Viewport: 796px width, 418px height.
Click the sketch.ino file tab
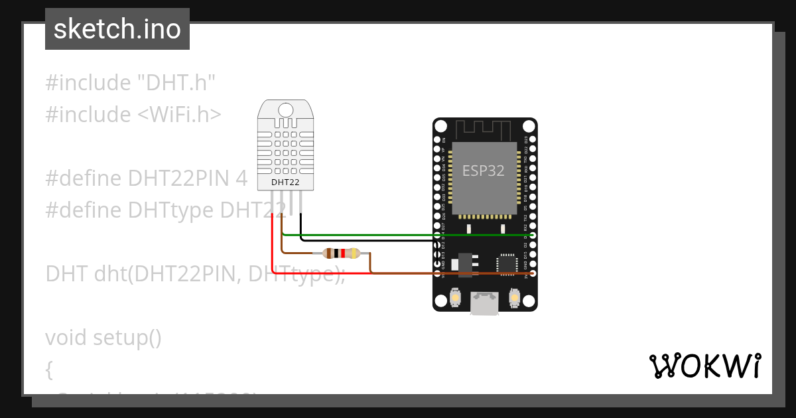point(117,29)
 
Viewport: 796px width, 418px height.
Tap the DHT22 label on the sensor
point(285,182)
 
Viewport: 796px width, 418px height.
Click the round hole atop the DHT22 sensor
point(285,109)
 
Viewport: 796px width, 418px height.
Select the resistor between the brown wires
point(340,253)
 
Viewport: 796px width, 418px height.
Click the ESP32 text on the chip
point(484,171)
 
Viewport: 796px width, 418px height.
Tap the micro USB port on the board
point(485,303)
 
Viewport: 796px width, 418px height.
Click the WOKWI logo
point(704,366)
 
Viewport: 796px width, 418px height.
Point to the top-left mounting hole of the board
point(442,126)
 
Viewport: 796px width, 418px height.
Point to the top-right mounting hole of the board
point(528,126)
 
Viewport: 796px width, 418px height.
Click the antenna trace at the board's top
point(485,129)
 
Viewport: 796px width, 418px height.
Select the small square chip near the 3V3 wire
point(507,263)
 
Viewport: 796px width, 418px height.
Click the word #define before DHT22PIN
point(84,178)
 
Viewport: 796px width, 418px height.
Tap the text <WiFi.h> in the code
point(179,115)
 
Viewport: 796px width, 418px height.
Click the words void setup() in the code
point(103,338)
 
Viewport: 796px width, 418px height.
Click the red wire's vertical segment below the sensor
point(273,245)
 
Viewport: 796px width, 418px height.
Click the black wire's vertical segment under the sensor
point(300,226)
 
